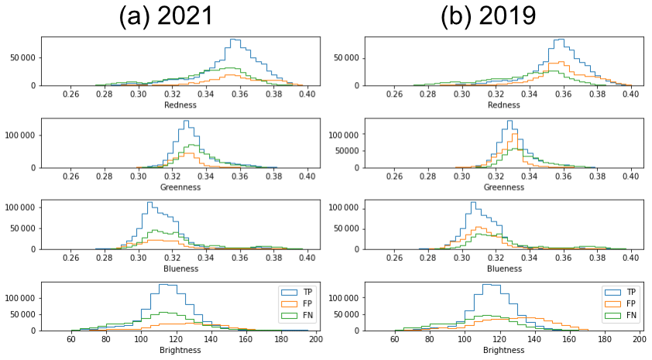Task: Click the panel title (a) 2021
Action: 166,16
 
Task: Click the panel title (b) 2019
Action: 488,16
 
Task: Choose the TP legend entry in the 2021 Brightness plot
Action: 303,292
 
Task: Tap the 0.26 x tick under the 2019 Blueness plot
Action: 395,258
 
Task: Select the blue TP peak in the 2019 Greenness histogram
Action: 509,121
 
